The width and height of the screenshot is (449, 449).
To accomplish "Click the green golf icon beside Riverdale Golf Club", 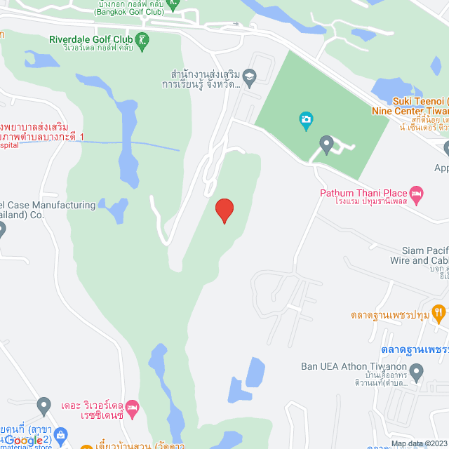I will click(143, 39).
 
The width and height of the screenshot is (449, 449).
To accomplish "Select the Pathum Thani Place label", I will click(363, 193).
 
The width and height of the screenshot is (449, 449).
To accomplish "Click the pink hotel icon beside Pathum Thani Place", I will click(416, 193).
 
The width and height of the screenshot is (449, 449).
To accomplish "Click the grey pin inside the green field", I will click(326, 145).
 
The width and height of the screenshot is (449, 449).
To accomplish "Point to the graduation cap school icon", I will click(249, 75).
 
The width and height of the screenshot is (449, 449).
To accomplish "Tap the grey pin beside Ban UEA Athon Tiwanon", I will click(417, 370).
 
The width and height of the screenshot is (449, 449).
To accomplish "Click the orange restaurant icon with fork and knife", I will click(438, 311).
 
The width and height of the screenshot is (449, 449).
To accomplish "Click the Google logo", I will click(24, 439).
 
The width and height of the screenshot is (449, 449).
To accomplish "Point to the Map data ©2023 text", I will click(419, 443).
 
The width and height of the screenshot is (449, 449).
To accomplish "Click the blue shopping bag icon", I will click(62, 436).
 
